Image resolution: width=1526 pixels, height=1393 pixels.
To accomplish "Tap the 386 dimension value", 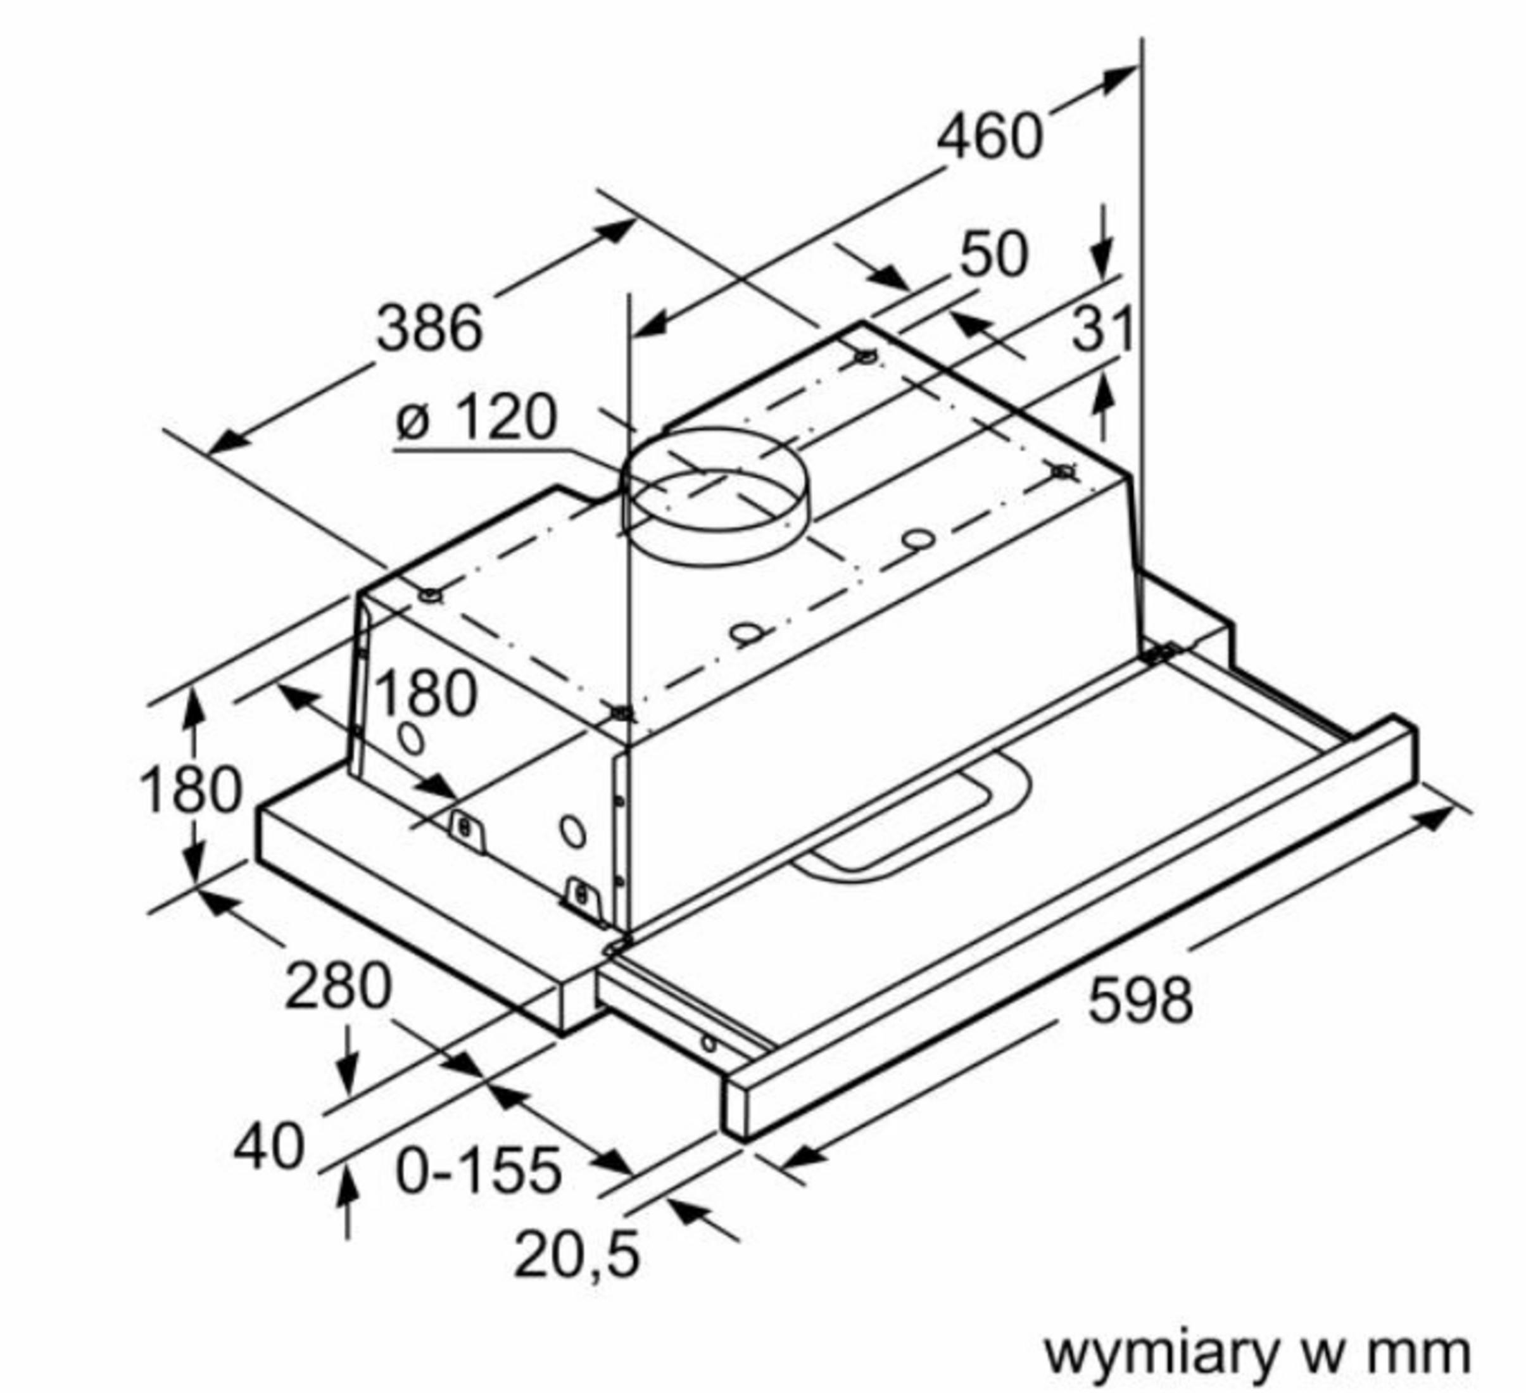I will pos(429,328).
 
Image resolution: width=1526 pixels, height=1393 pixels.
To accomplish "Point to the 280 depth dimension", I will pos(338,986).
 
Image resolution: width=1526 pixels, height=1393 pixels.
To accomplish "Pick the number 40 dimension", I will pos(268,1146).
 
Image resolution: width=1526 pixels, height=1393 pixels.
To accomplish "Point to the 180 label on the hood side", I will pos(426,693).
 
